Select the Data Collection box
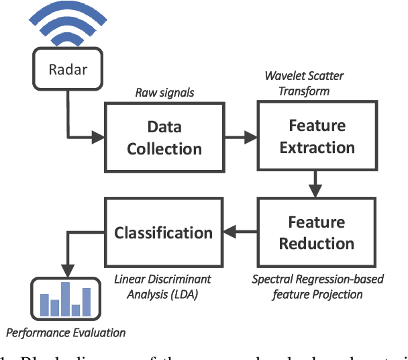tap(164, 136)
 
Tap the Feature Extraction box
tap(317, 136)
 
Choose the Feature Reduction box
tap(317, 232)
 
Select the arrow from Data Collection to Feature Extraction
tap(240, 137)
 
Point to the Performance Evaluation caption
tap(66, 332)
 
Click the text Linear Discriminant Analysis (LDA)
tap(162, 286)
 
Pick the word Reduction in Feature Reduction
tap(317, 243)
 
